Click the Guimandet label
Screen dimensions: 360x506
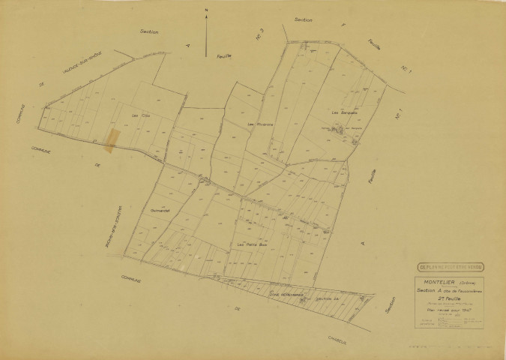(x=161, y=211)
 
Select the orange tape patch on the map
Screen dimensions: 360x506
(x=113, y=139)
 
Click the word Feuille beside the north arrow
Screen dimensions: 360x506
(x=225, y=56)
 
